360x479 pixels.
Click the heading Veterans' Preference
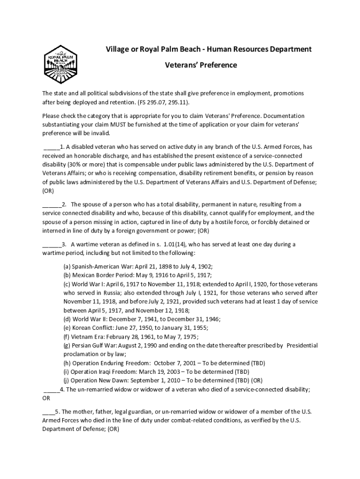pos(201,65)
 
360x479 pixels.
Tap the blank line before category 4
pos(51,389)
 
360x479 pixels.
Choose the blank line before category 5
pos(48,412)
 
